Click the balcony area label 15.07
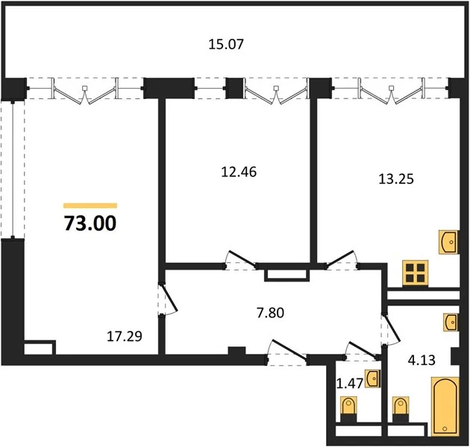coord(226,44)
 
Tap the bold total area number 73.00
coord(90,223)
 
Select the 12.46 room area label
coord(239,172)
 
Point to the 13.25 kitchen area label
coord(396,179)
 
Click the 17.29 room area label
coord(125,336)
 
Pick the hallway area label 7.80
coord(270,313)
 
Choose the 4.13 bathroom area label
coord(422,360)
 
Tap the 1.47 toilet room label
coord(350,383)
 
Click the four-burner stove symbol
coord(415,273)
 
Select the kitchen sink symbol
coord(448,242)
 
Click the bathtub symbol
coord(445,406)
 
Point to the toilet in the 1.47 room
coord(348,409)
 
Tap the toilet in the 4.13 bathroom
coord(401,409)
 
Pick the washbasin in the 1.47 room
coord(373,378)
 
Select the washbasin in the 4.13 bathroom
coord(451,322)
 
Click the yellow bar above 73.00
coord(90,206)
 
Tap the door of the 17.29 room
coord(169,299)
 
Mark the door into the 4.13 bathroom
coord(391,329)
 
